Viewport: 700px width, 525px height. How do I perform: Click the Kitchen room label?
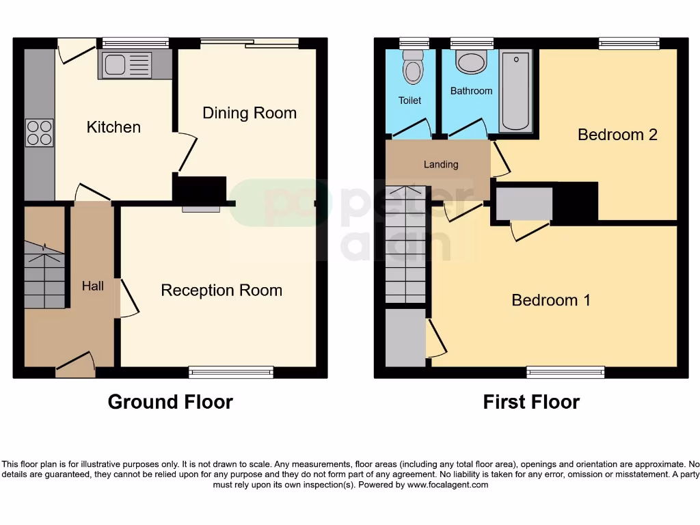point(113,127)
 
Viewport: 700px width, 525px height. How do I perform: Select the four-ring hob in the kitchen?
point(39,133)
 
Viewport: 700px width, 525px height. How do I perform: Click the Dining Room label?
point(250,113)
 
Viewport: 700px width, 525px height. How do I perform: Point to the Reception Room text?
point(221,291)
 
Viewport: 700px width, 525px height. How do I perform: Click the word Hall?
point(93,286)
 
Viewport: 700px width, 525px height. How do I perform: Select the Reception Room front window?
point(231,372)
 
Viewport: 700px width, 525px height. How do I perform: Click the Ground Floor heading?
point(170,402)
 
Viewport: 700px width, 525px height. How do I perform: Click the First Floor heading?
point(531,402)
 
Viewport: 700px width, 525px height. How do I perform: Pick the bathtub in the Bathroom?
point(515,91)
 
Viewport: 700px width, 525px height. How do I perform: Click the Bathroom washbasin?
point(471,63)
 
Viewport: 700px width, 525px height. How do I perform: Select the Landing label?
point(441,164)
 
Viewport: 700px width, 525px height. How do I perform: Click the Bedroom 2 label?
point(617,135)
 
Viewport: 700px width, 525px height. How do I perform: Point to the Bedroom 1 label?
point(551,300)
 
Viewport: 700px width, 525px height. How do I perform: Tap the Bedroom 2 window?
point(629,43)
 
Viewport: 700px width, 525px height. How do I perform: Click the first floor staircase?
point(405,246)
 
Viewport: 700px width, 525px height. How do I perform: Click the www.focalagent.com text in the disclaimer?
point(448,485)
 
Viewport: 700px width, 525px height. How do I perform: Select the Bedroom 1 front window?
point(565,372)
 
